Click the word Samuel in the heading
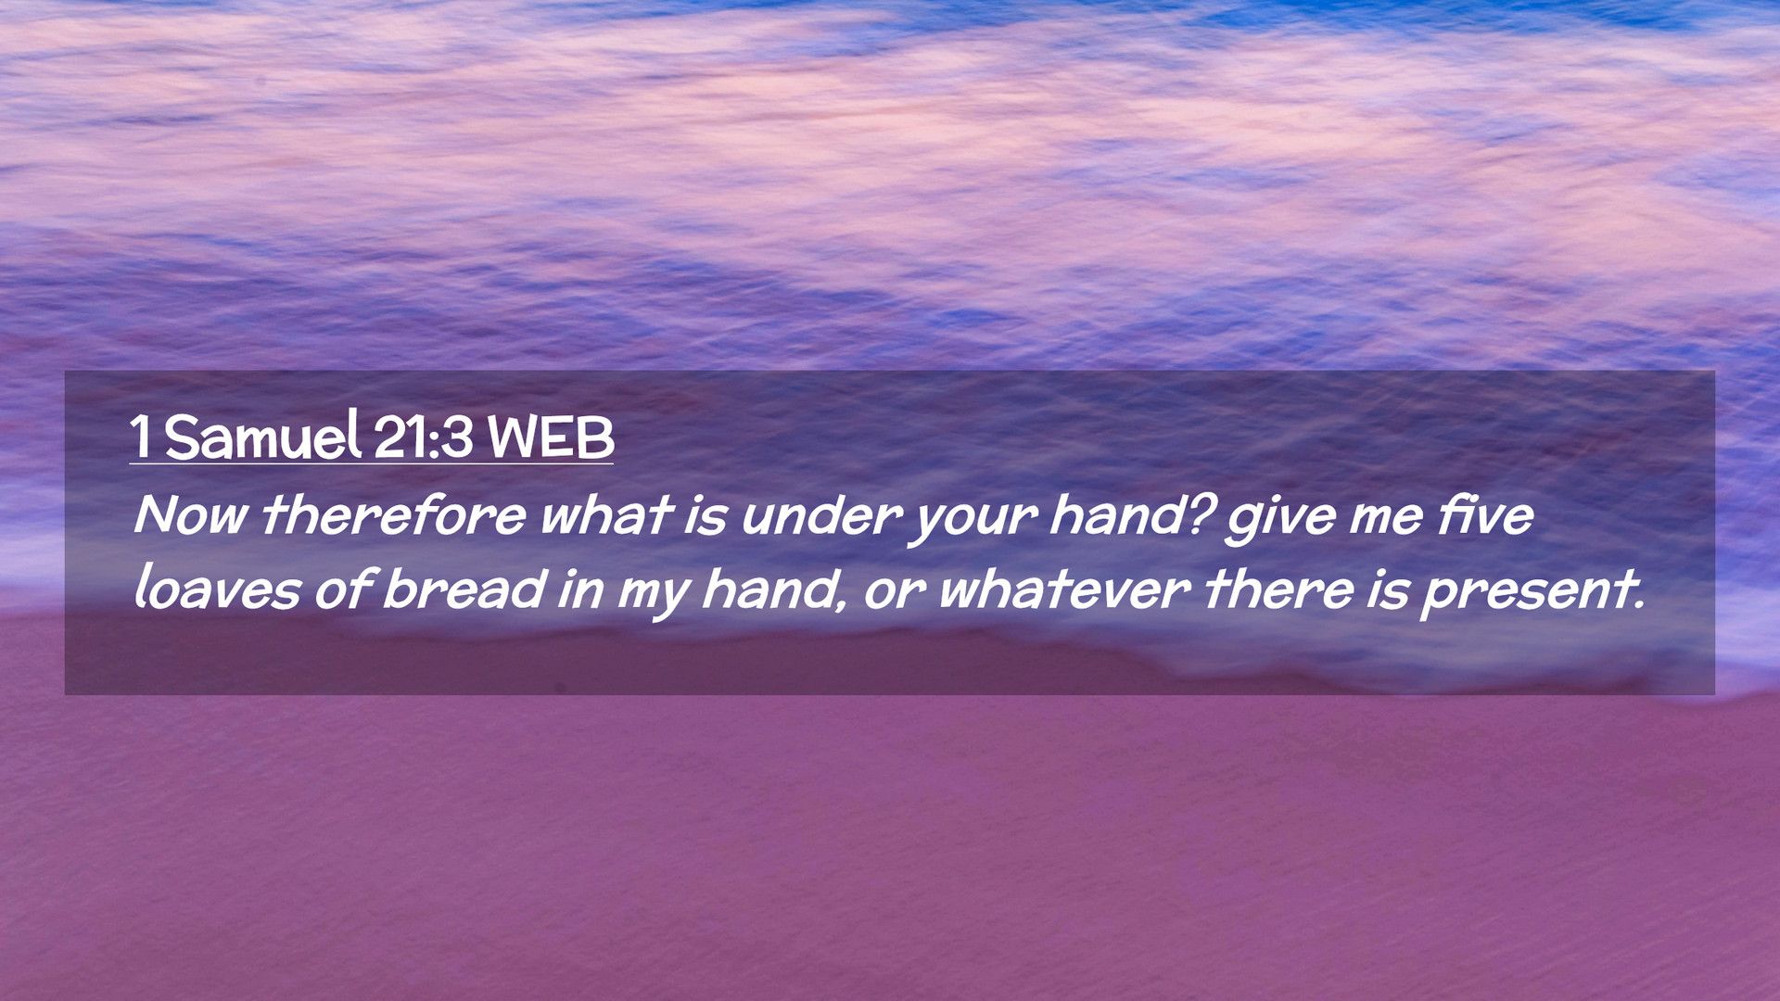point(262,436)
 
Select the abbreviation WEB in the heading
point(551,437)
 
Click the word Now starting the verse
point(190,514)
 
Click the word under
point(821,515)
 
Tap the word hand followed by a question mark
point(1132,514)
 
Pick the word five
point(1486,514)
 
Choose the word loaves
point(217,589)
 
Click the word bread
point(464,589)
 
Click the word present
point(1533,593)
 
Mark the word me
point(1386,519)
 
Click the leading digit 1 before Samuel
point(141,437)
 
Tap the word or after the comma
point(894,594)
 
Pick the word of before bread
point(342,589)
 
